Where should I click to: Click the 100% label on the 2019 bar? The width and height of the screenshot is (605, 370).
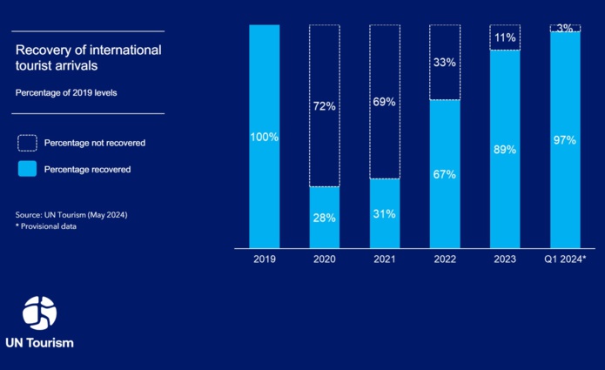pos(265,137)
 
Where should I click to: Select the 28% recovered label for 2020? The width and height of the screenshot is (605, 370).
pos(325,218)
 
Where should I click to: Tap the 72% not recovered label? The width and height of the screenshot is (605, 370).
pos(325,106)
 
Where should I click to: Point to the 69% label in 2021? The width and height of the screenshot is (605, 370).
pos(384,102)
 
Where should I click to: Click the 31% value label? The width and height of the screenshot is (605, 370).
pos(384,214)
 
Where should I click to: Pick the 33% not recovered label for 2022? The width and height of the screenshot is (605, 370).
pos(444,62)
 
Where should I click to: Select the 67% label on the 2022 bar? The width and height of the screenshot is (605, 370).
pos(444,174)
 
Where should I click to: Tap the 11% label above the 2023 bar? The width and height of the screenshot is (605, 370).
pos(504,37)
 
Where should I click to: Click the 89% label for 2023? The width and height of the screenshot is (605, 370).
pos(504,149)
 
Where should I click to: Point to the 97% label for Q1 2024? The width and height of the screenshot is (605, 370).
pos(564,139)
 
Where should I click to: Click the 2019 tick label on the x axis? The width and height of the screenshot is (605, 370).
pos(265,259)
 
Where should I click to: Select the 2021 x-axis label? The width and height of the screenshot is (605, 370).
pos(384,259)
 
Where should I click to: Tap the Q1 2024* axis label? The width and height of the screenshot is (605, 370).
pos(565,259)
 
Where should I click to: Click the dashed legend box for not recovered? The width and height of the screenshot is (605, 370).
pos(27,142)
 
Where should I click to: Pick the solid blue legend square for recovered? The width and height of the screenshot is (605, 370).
pos(27,169)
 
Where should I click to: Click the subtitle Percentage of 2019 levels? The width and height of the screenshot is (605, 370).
pos(66,91)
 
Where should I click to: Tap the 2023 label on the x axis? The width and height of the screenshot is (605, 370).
pos(504,259)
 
